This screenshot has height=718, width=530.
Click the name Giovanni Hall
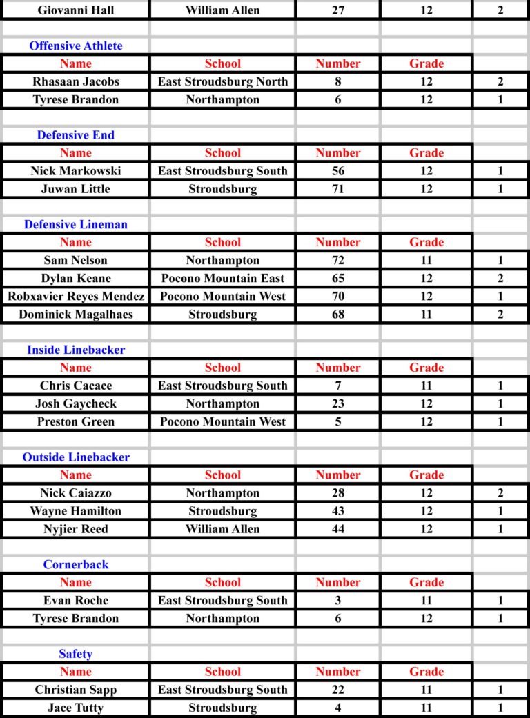click(x=76, y=10)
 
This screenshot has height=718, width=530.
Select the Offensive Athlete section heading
click(x=76, y=46)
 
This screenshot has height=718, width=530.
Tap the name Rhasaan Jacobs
click(x=76, y=81)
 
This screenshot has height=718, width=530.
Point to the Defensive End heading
click(x=76, y=135)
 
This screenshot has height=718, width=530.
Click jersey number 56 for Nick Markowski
click(x=338, y=171)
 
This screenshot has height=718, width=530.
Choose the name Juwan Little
click(x=76, y=189)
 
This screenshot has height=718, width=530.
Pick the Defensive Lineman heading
click(x=76, y=225)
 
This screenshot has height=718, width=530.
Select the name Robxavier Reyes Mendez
click(x=76, y=297)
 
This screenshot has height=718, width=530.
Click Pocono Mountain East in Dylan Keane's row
click(x=223, y=279)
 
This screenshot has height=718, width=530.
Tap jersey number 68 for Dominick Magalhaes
click(x=338, y=315)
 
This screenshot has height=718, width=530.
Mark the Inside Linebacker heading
click(x=76, y=350)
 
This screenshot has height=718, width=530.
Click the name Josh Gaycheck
click(x=76, y=404)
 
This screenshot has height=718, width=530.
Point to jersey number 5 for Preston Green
click(x=338, y=422)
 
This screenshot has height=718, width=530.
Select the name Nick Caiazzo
click(x=76, y=493)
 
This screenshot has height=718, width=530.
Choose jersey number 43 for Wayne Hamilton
click(x=338, y=511)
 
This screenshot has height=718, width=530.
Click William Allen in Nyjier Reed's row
click(x=223, y=529)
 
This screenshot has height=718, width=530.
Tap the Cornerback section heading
click(x=76, y=565)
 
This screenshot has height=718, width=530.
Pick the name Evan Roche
click(x=76, y=601)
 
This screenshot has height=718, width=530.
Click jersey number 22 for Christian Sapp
click(x=338, y=690)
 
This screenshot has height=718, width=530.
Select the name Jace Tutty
click(x=76, y=708)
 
